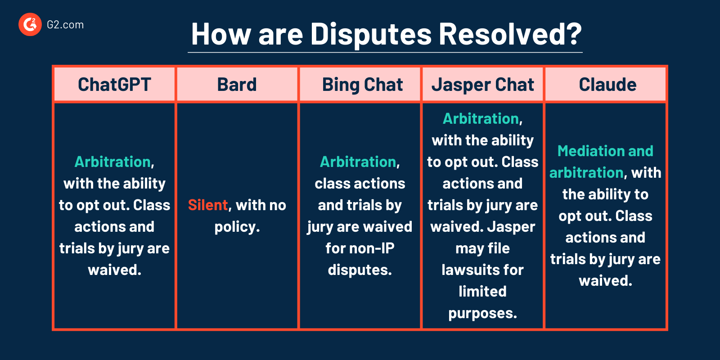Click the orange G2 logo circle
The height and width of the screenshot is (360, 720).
tap(30, 24)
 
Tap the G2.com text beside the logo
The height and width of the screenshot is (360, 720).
tap(65, 25)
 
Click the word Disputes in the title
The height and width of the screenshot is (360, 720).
tap(371, 35)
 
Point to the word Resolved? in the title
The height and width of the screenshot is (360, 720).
tap(510, 34)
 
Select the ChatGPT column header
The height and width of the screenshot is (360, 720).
tap(114, 85)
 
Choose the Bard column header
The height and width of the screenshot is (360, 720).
tap(237, 85)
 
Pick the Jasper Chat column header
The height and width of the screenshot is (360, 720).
tap(482, 85)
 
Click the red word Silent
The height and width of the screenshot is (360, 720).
tap(208, 205)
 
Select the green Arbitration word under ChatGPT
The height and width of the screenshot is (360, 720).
tap(112, 162)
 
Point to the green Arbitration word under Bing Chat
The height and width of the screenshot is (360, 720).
tap(358, 162)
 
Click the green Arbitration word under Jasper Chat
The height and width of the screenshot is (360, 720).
tap(481, 119)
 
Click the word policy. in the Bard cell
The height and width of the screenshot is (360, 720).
tap(237, 227)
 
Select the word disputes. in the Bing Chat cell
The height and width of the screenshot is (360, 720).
tap(360, 270)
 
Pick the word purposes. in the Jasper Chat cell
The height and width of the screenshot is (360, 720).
tap(482, 313)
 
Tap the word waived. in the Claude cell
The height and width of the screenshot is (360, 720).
tap(605, 281)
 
